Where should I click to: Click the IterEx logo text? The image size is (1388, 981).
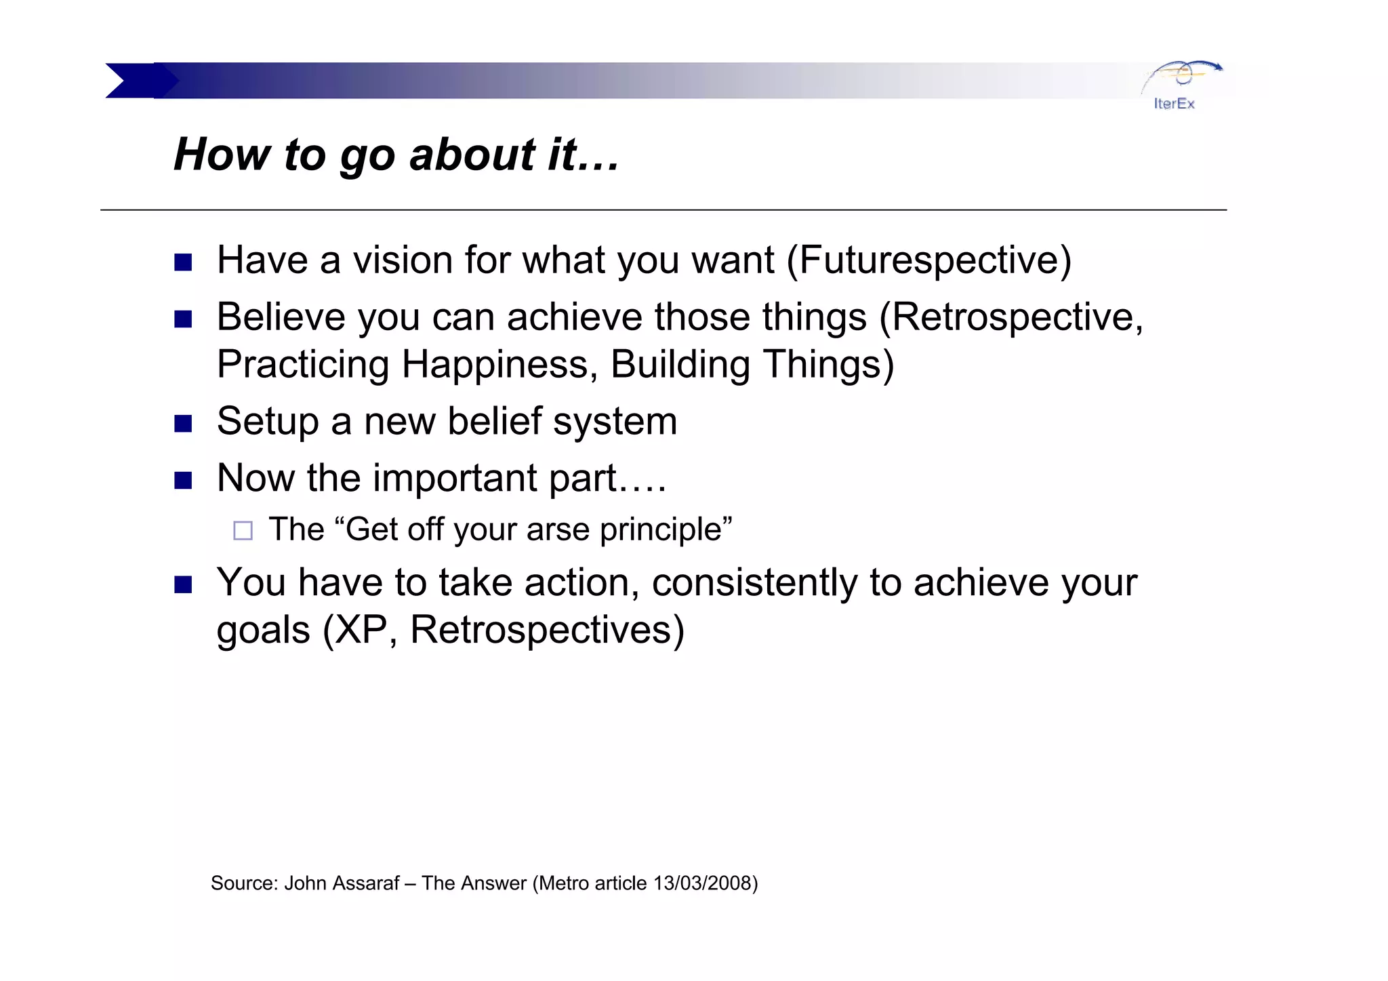(1174, 104)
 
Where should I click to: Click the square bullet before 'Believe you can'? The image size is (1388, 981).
(183, 319)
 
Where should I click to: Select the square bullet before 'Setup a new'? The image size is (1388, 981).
(183, 424)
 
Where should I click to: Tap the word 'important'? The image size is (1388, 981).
(455, 478)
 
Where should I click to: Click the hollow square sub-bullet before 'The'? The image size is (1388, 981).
(243, 530)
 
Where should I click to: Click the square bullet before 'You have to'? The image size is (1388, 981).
(183, 584)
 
